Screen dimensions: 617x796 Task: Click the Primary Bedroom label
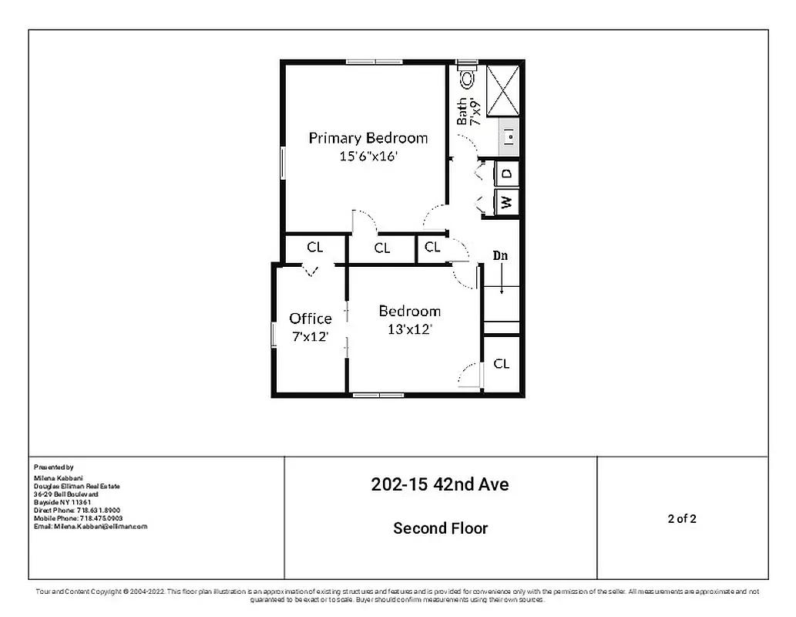click(368, 138)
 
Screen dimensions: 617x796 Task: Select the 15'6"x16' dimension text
click(368, 156)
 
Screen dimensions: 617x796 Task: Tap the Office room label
click(311, 319)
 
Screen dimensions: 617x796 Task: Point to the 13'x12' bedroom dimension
click(409, 329)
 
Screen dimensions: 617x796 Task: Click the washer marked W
click(506, 202)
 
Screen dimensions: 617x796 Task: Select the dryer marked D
click(506, 174)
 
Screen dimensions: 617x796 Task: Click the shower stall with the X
click(503, 91)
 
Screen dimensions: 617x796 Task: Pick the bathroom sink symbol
click(509, 137)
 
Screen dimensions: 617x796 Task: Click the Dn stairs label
click(501, 255)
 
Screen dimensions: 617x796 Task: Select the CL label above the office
click(314, 248)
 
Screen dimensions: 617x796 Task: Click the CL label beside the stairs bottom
click(501, 363)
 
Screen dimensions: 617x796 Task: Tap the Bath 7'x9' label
click(468, 111)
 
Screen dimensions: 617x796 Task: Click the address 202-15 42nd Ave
click(440, 485)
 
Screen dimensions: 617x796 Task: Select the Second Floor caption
click(440, 528)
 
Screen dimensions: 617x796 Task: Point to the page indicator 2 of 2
click(682, 518)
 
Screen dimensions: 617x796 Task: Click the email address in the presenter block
click(90, 526)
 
